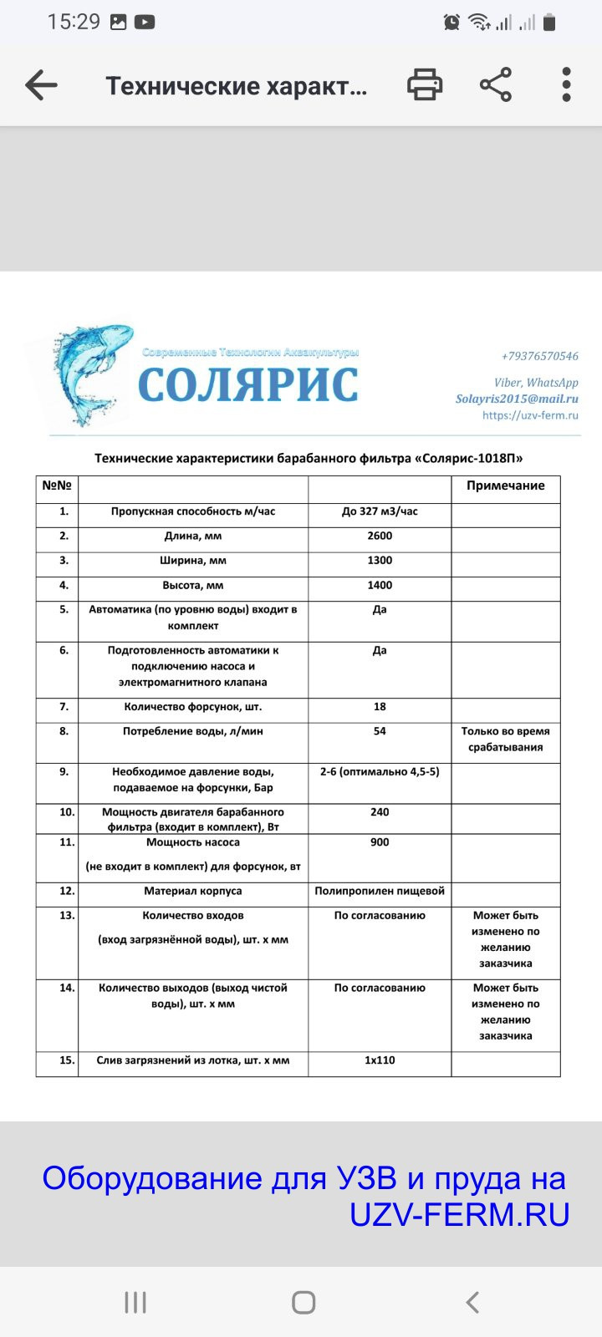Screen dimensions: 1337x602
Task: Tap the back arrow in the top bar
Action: pos(41,85)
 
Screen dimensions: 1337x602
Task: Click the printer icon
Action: pos(425,85)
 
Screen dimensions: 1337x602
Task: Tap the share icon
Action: pos(496,85)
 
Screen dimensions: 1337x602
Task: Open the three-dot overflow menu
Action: pos(566,85)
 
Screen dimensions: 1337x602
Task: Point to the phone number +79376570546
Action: pos(539,356)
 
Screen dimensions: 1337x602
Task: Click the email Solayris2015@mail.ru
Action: pos(517,399)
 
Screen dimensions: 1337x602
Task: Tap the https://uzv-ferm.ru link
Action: pos(530,414)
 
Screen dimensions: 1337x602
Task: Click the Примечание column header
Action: pos(505,485)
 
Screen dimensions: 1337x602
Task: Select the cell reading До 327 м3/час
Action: pos(380,511)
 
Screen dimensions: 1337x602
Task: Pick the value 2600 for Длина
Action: pos(380,536)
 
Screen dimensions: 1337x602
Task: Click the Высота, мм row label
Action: pos(193,585)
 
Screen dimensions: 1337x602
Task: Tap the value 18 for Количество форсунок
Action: pos(380,706)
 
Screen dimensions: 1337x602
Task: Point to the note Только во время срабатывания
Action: pos(505,739)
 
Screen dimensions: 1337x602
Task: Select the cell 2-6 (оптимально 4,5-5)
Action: pos(380,771)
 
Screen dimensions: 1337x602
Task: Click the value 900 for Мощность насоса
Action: pos(380,842)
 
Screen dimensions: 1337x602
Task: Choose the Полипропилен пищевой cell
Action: pos(380,891)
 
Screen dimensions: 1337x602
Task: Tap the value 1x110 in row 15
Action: pos(380,1060)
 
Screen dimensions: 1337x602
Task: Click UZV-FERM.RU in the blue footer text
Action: pos(459,1214)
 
